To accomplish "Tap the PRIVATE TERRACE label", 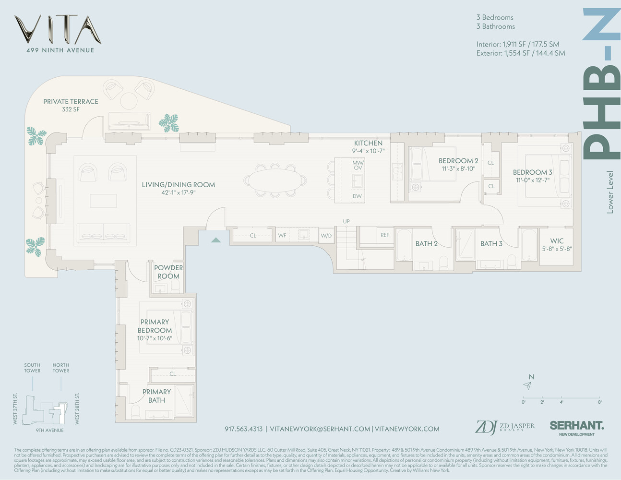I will (71, 102).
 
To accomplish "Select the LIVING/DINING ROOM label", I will (178, 185).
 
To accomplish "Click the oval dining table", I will (275, 180).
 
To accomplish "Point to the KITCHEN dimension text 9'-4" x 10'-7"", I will (369, 151).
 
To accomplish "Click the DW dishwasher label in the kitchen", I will (357, 196).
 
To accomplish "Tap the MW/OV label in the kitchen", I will (358, 165).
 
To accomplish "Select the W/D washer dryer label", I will (326, 236).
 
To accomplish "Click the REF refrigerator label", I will (385, 235).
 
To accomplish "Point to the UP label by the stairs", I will (346, 221).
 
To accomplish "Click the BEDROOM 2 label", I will (458, 161).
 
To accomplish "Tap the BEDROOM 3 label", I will (532, 172).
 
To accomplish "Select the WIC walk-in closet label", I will (557, 241).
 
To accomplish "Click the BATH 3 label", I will (491, 244).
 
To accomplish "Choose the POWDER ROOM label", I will (168, 272).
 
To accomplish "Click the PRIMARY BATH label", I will (156, 396).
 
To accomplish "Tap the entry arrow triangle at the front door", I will (216, 240).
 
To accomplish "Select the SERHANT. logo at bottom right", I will (576, 426).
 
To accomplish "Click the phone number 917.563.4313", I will (243, 429).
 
